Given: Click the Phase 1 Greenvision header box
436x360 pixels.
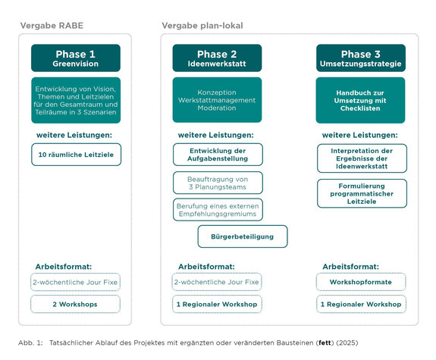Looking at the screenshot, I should (x=76, y=58).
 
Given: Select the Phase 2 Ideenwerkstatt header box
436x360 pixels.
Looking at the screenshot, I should (x=217, y=58).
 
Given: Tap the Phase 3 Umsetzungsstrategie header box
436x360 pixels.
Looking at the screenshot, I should (x=360, y=58).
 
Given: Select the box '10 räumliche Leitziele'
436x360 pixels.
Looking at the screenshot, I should (x=76, y=155).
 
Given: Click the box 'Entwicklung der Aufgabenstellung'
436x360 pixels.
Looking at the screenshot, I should (x=217, y=155).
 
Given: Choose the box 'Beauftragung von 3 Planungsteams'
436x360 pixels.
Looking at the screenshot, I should (x=217, y=183).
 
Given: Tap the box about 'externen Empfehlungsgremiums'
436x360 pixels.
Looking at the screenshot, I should (x=217, y=210).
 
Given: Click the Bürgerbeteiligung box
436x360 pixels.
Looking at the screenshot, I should (x=243, y=236).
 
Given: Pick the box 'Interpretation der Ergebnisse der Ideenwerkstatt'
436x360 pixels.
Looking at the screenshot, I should (x=361, y=158).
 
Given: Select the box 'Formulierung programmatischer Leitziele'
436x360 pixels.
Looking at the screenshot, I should (x=361, y=193).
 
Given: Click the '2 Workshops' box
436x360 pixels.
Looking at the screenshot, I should (x=76, y=304).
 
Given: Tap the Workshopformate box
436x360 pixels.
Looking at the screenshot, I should (x=361, y=282).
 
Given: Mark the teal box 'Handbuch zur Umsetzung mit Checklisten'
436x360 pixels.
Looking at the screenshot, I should (x=360, y=99).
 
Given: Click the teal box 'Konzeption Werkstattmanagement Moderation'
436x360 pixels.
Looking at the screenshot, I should (x=217, y=99).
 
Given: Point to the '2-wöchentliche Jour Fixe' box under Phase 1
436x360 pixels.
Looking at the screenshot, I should (x=76, y=282).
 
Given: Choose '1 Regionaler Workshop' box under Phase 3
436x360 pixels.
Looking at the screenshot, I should (x=361, y=304).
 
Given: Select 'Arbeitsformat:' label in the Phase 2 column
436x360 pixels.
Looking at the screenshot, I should (x=206, y=267).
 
